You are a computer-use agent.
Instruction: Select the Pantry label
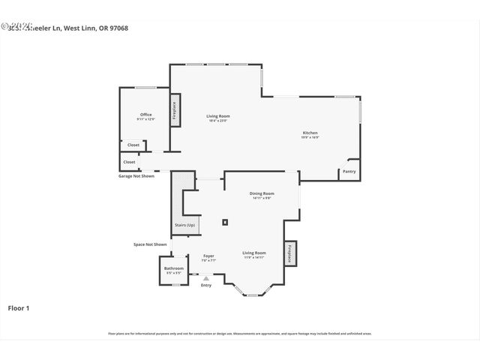349,172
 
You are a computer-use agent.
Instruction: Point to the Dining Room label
262,193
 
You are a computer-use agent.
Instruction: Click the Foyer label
208,256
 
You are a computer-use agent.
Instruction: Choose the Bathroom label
174,268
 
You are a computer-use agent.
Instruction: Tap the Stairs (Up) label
184,225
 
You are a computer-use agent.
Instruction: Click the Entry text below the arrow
206,285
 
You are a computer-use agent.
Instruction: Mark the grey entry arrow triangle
206,277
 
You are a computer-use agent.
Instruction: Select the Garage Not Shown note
136,176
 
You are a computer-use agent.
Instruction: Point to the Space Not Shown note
150,244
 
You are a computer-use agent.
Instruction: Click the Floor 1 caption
19,307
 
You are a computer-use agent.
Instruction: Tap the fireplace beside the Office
175,111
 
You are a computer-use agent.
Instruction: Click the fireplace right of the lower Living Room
290,254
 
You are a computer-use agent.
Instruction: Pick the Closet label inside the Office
133,145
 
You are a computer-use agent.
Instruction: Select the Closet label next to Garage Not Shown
129,162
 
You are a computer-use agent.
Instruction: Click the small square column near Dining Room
225,222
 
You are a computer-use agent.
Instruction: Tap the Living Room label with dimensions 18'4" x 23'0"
218,116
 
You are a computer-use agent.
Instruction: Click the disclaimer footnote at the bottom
240,334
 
